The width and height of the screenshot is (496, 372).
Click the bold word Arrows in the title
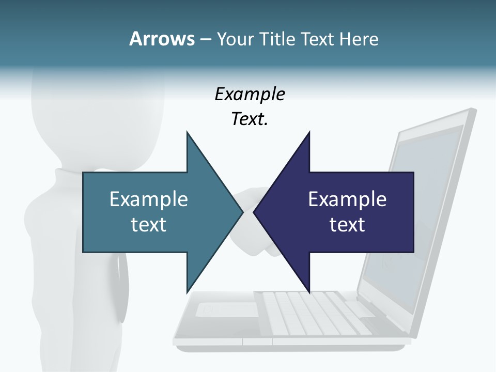coord(161,39)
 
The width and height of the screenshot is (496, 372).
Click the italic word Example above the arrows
coord(250,94)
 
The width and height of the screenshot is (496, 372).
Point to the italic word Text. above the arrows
coord(250,119)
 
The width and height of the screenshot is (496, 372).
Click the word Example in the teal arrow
coord(148,199)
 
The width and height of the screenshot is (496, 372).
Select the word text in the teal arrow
coord(148,224)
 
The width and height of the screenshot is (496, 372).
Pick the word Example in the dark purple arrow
coord(347,199)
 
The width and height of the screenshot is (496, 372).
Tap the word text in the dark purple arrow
coord(347,224)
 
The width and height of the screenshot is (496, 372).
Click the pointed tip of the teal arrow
coord(242,212)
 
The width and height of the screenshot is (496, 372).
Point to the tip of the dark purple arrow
coord(255,212)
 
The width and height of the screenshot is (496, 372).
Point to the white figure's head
coord(98,114)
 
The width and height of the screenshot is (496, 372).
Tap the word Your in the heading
coord(235,39)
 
